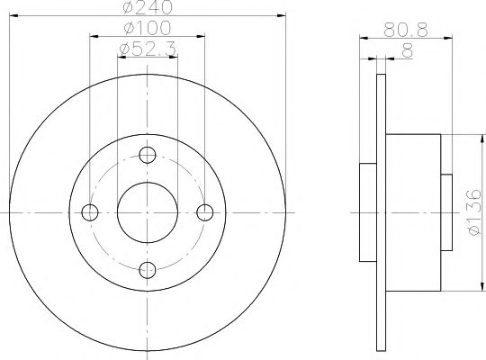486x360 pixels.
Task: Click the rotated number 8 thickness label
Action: point(408,52)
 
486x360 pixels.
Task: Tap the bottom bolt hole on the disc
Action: point(148,268)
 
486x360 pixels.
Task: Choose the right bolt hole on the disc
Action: point(205,211)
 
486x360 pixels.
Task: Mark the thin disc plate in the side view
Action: point(381,211)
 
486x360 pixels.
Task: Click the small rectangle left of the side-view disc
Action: point(368,211)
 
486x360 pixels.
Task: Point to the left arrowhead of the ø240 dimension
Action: point(13,17)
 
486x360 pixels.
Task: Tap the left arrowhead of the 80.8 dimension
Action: point(364,38)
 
